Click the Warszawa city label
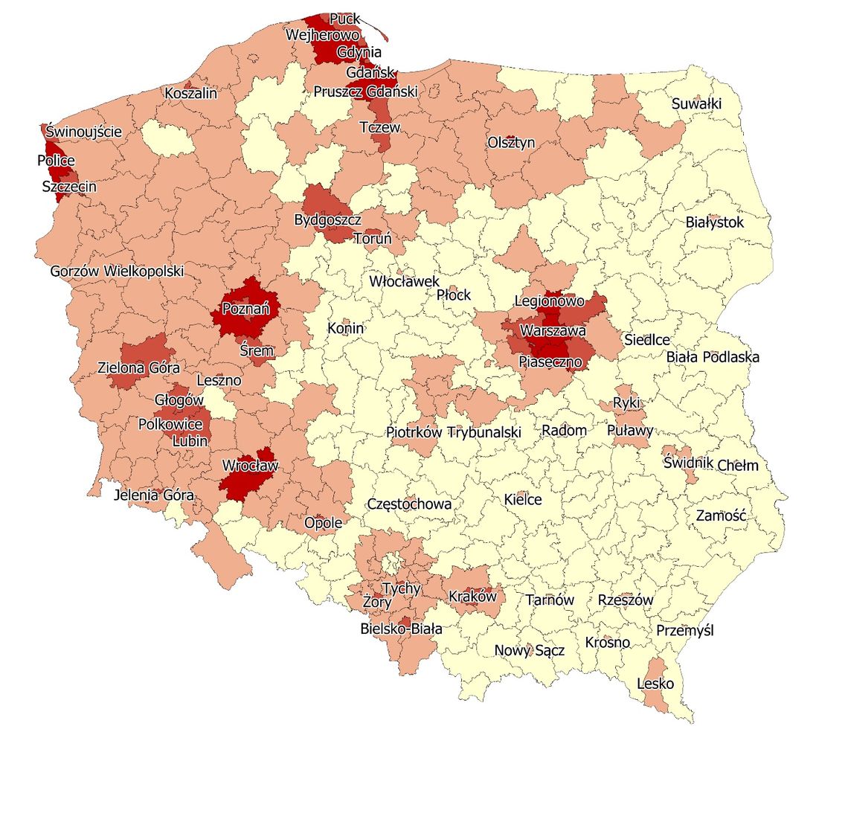[x=553, y=330]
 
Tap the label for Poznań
[x=245, y=308]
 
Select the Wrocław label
[x=250, y=466]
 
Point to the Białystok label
[x=714, y=222]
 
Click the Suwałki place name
[x=696, y=103]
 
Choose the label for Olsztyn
[x=511, y=142]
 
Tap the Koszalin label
[x=191, y=93]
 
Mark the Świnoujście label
[x=83, y=132]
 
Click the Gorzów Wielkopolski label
[x=117, y=271]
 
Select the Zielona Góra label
[x=138, y=367]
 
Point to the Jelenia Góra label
[x=154, y=495]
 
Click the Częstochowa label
[x=409, y=504]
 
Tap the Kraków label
[x=472, y=597]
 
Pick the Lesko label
[x=655, y=683]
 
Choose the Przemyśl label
[x=684, y=630]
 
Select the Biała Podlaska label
[x=713, y=356]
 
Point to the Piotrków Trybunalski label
[x=454, y=431]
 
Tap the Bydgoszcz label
[x=327, y=220]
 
